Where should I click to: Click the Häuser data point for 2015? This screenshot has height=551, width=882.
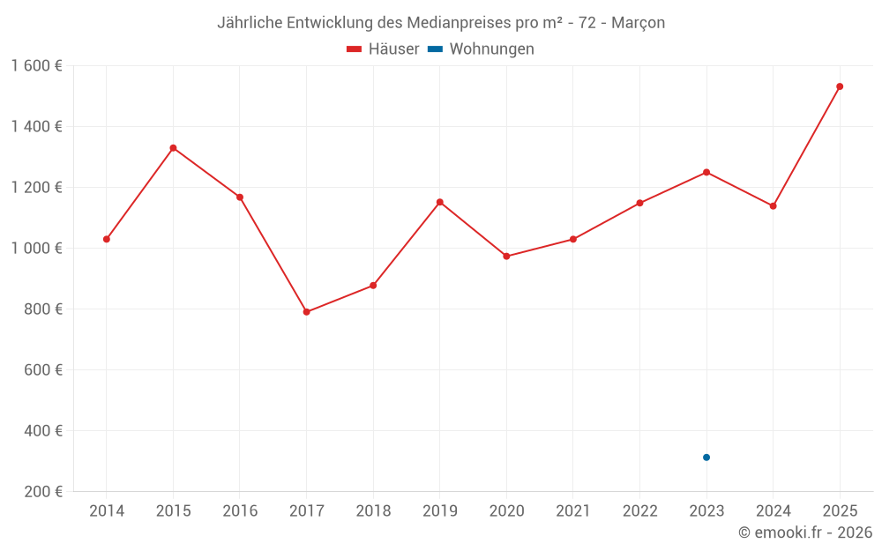pyautogui.click(x=173, y=148)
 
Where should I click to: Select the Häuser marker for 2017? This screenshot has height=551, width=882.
pyautogui.click(x=306, y=312)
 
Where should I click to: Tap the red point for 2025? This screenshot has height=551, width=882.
pyautogui.click(x=840, y=86)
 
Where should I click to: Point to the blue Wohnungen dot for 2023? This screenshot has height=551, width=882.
pyautogui.click(x=706, y=458)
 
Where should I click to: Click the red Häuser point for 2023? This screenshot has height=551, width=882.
pyautogui.click(x=706, y=172)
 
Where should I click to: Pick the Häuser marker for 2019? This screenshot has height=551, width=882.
pyautogui.click(x=440, y=202)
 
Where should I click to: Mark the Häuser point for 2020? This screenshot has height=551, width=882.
pyautogui.click(x=506, y=257)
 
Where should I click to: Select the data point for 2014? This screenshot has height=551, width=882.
pyautogui.click(x=107, y=239)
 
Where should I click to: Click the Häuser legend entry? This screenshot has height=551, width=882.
pyautogui.click(x=383, y=49)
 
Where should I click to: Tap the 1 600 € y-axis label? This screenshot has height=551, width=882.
pyautogui.click(x=36, y=66)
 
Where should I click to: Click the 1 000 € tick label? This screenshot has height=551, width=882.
pyautogui.click(x=36, y=249)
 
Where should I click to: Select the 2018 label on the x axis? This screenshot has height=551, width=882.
pyautogui.click(x=373, y=511)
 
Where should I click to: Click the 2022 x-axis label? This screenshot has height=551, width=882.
pyautogui.click(x=639, y=511)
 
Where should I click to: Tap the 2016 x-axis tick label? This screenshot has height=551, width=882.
pyautogui.click(x=240, y=511)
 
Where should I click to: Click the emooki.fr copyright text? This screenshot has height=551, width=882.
pyautogui.click(x=805, y=532)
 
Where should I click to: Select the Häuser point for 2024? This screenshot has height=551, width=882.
pyautogui.click(x=773, y=206)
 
